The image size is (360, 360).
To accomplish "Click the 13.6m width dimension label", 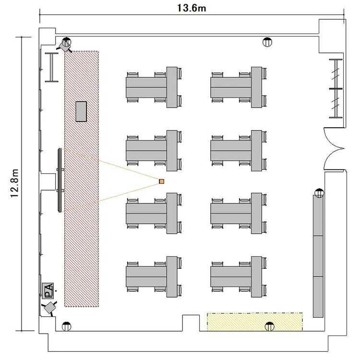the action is tap(192, 8).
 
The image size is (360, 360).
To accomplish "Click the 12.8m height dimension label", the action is tap(15, 183).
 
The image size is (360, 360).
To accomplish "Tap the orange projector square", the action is tap(162, 181).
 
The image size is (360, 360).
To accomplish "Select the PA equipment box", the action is tap(48, 291).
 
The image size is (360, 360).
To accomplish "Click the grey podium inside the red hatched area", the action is tap(81, 111).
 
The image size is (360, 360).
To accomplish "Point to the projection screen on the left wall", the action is tap(60, 180).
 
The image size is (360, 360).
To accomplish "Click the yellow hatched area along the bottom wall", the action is tap(255, 322).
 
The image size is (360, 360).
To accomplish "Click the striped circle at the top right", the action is tap(267, 42).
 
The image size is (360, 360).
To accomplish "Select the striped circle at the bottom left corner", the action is tap(67, 326).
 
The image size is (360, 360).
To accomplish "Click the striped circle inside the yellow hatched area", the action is tap(270, 326).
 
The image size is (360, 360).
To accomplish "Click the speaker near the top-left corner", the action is tap(64, 46).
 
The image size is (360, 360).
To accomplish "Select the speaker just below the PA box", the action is tap(49, 308).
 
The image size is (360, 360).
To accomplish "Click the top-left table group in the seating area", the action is tap(154, 87).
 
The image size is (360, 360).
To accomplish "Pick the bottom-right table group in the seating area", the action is tap(239, 276).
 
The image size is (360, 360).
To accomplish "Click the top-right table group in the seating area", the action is tap(239, 87).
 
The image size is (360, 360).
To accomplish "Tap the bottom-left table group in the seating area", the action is tap(154, 276).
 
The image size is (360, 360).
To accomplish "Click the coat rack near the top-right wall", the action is tap(336, 89).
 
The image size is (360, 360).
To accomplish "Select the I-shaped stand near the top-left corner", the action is tap(51, 67).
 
